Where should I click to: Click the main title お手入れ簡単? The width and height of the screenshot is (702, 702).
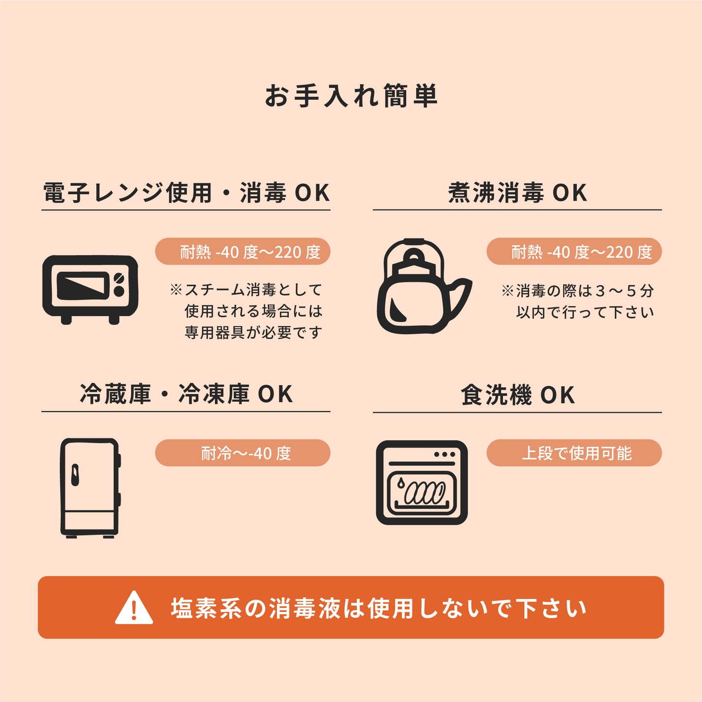[351, 96]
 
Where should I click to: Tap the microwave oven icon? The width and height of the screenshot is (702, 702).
[90, 289]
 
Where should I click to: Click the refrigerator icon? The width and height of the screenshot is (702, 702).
[90, 487]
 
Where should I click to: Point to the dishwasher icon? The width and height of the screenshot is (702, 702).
[421, 482]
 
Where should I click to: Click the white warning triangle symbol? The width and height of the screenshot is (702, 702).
[134, 608]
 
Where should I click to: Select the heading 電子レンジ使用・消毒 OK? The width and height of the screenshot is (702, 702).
[186, 193]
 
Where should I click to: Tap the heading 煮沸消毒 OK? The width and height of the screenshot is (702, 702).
[517, 193]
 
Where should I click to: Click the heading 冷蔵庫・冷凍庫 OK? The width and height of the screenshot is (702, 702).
[186, 394]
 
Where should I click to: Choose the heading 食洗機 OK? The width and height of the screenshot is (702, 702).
[517, 395]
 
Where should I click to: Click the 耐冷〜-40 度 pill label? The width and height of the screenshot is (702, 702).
[242, 453]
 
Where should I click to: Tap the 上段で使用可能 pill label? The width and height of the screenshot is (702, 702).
[574, 453]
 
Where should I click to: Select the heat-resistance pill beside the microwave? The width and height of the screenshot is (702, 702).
[242, 252]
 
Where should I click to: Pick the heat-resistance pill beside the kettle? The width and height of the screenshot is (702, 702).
[574, 252]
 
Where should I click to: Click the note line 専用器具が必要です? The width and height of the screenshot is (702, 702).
[253, 333]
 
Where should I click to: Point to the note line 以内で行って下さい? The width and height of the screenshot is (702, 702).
[585, 312]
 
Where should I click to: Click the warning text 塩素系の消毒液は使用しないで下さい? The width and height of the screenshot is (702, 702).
[379, 608]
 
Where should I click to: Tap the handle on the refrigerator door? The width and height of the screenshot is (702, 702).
[75, 475]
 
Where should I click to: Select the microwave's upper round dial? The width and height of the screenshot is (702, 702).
[119, 278]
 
